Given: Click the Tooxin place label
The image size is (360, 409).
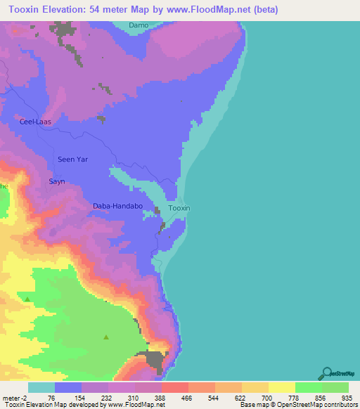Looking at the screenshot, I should [180, 209].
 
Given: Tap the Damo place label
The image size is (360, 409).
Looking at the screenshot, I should [139, 25].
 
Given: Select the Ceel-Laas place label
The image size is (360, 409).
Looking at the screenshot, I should [35, 122].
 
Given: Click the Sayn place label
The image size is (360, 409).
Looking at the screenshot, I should [57, 181].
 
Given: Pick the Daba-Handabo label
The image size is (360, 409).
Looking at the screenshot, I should [118, 206].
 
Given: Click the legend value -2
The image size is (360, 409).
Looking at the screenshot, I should [25, 397].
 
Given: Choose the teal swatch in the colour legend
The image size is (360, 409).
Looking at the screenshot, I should [41, 387].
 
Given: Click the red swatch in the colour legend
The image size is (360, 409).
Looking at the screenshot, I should [174, 387].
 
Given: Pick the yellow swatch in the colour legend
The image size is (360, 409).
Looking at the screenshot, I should [281, 387].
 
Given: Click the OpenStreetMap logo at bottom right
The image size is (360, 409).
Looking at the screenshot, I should [337, 374].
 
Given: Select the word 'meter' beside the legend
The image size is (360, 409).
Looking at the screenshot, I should [11, 397].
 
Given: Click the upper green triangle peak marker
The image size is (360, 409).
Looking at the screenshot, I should [27, 299].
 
